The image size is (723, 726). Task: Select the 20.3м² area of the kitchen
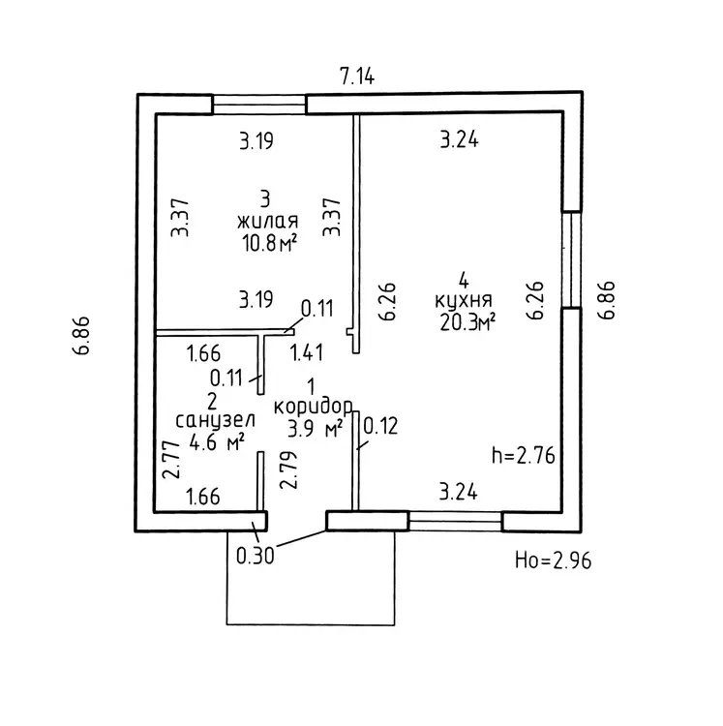(x=467, y=322)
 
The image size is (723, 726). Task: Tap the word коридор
(x=313, y=406)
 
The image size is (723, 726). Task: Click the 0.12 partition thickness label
(x=380, y=424)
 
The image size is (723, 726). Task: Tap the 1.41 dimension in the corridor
(x=308, y=353)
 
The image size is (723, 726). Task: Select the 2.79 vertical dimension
(x=286, y=471)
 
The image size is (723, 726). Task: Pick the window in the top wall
(x=259, y=103)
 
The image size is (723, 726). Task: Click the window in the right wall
(x=572, y=259)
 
